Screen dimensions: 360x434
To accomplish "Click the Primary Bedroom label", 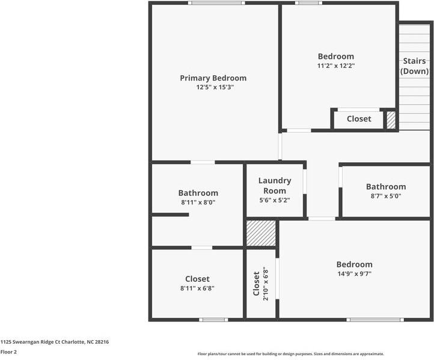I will coord(213,78).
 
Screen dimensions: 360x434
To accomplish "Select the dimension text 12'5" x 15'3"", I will coord(215,87).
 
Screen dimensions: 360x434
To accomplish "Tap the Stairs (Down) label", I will coord(414,66).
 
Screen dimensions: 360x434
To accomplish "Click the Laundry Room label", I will coord(275,185).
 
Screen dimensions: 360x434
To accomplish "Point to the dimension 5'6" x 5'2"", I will coord(275,200).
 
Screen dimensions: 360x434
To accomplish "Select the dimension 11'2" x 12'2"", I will coord(336,66).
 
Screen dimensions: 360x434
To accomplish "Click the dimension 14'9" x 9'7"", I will coord(354,273).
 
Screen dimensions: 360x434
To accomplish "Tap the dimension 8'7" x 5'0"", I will coord(385,196).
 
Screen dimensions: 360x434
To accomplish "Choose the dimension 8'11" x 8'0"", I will coord(198,203).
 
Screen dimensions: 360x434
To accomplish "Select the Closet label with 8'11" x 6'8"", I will coord(197,279).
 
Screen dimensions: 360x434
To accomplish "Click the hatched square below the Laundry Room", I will coord(261,233).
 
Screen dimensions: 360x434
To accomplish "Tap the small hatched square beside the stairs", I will coord(391,120).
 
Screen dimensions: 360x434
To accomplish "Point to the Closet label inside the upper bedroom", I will coord(359,119).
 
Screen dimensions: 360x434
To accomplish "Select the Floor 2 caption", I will coord(8,352).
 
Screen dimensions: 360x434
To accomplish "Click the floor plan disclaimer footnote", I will coord(291,354).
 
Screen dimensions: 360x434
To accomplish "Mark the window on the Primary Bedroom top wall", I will coord(216,3).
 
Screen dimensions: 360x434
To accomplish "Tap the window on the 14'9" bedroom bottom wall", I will coord(374,320).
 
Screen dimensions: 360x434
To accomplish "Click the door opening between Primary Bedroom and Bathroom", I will coord(203,162).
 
